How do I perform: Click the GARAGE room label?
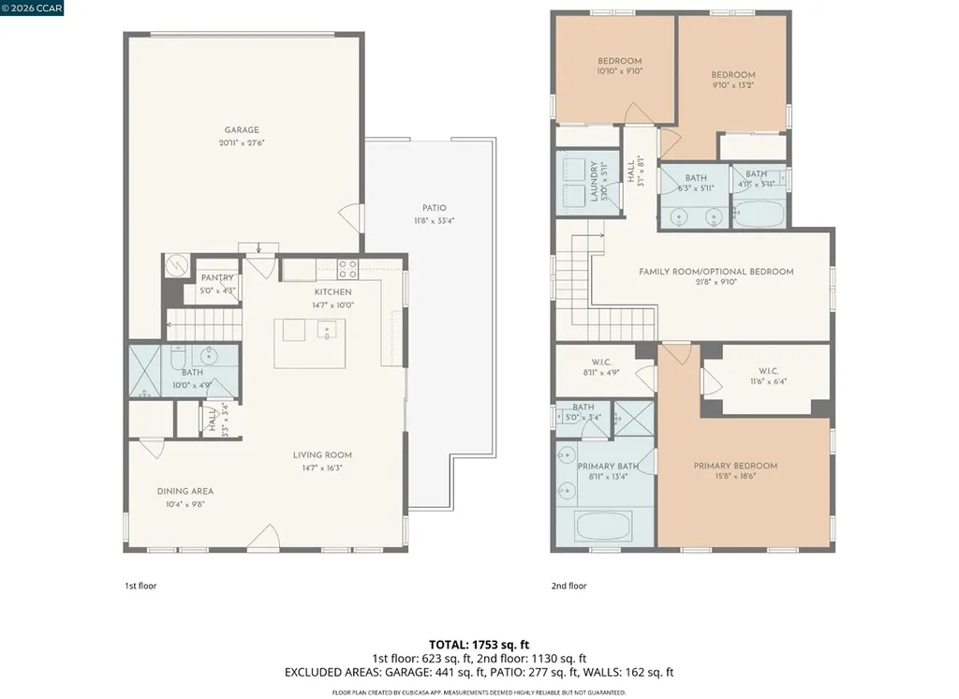(x=242, y=130)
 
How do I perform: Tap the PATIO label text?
(x=434, y=208)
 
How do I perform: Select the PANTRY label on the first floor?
(x=217, y=278)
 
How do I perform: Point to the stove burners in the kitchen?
(x=347, y=269)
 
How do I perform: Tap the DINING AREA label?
(x=184, y=491)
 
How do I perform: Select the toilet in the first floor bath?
(x=179, y=357)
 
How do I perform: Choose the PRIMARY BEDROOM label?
(x=735, y=466)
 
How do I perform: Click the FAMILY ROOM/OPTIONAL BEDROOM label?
(x=716, y=272)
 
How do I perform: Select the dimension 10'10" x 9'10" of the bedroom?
(x=620, y=71)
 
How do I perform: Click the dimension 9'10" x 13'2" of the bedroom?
(x=732, y=85)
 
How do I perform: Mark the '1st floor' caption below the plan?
(x=140, y=586)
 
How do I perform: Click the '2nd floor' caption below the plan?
(x=568, y=586)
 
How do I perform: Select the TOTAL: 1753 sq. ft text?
(x=479, y=644)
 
